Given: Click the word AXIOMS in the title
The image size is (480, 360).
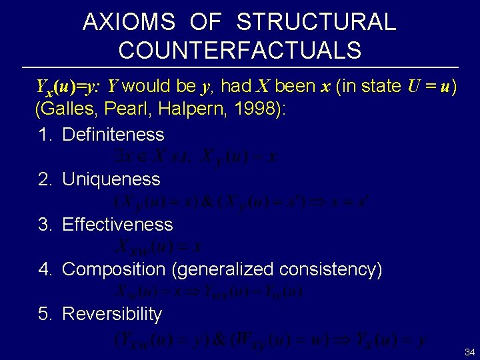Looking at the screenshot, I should [129, 23].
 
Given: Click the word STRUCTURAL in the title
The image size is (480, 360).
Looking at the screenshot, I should [316, 23].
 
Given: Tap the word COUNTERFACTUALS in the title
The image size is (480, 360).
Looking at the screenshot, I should [240, 50].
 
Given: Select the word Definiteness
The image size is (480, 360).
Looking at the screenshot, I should [113, 135].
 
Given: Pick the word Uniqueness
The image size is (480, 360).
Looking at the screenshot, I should [111, 179].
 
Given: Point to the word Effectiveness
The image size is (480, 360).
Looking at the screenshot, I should [117, 225].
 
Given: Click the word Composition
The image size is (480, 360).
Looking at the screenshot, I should [113, 269].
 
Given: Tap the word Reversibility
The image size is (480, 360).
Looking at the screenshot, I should [112, 314].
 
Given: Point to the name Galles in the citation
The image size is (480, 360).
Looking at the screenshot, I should [68, 109].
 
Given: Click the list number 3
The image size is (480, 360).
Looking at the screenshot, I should [44, 225].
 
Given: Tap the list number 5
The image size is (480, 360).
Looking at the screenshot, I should [44, 314].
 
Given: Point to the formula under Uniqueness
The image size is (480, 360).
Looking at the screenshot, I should [243, 201].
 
